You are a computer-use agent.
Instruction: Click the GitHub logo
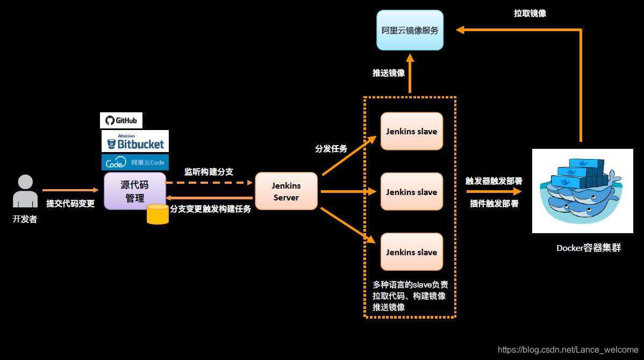coord(121,120)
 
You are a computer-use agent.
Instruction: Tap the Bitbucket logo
coord(135,141)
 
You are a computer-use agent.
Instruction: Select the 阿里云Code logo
coord(135,162)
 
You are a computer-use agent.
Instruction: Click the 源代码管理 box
coord(134,191)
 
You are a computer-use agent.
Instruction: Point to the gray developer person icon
coord(25,191)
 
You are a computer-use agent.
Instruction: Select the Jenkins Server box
coord(286,191)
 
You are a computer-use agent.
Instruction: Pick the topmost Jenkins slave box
coord(412,131)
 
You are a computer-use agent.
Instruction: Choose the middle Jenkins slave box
coord(412,192)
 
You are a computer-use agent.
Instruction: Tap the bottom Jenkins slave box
coord(412,252)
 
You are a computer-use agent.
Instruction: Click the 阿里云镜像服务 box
coord(410,30)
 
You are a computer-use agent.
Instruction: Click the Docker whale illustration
coord(583,191)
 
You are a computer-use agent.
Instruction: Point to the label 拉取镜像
coord(530,13)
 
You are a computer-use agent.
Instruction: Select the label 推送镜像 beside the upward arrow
coord(389,73)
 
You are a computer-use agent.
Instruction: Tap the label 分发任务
coord(331,148)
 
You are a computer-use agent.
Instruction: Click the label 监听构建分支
coord(209,172)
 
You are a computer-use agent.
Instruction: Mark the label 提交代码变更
coord(70,204)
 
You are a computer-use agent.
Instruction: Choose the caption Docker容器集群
coord(589,248)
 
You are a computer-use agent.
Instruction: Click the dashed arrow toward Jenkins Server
coord(210,183)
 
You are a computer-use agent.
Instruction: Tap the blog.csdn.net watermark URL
coord(568,350)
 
